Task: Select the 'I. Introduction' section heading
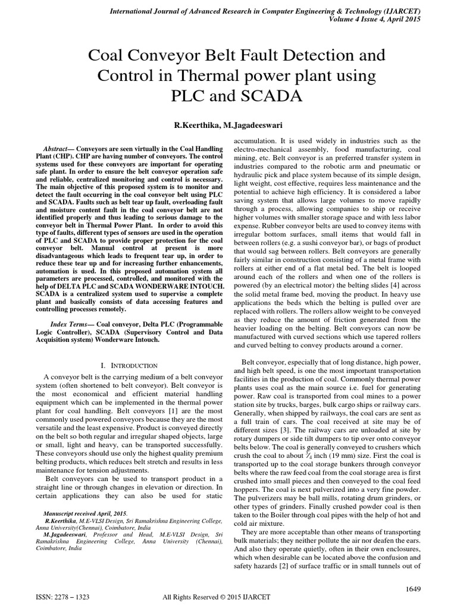click(129, 365)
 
